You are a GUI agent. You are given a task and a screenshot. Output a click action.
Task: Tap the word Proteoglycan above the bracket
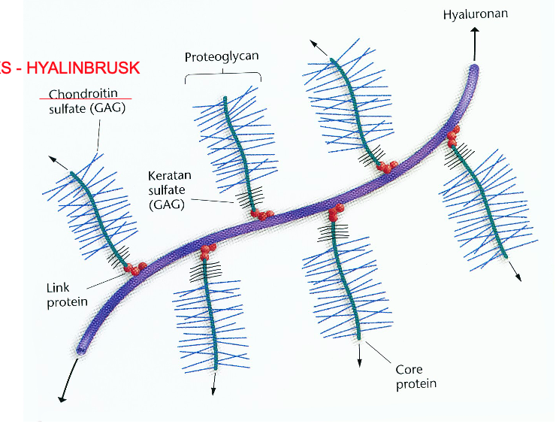(222, 57)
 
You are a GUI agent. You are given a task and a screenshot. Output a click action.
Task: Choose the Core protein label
(415, 377)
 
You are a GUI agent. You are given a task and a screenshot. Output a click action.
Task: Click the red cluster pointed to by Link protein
(136, 268)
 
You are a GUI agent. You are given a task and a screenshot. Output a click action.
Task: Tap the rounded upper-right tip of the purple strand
(473, 69)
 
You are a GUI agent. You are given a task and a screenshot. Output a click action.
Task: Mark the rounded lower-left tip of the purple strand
(81, 348)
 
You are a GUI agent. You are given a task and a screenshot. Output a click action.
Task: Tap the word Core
(409, 370)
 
